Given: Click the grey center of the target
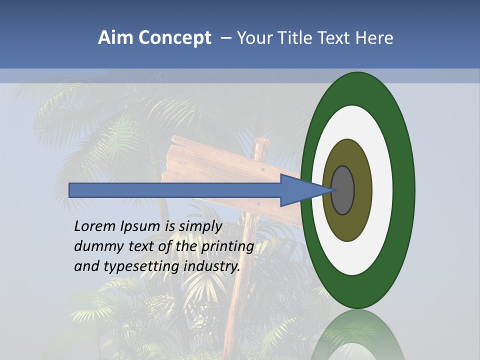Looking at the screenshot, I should coord(343,190).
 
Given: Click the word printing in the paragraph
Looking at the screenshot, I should coord(227,246).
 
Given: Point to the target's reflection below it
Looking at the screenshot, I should coord(357,335).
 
